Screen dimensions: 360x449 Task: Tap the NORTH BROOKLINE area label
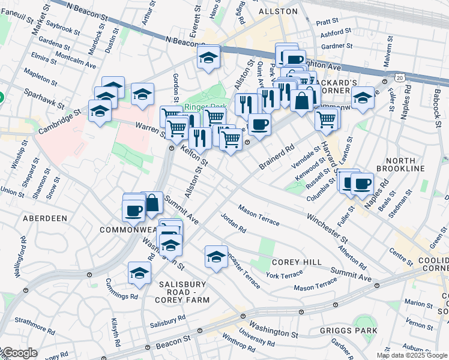tap(405, 164)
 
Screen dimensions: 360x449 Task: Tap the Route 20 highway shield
tap(400, 77)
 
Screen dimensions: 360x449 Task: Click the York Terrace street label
tap(285, 275)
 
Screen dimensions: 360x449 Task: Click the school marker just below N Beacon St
tap(208, 58)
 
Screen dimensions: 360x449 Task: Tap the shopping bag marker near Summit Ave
tap(152, 203)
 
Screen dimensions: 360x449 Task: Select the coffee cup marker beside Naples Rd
tap(362, 183)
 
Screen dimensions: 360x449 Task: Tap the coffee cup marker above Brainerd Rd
tap(259, 124)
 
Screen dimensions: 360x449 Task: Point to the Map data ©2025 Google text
tap(411, 355)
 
